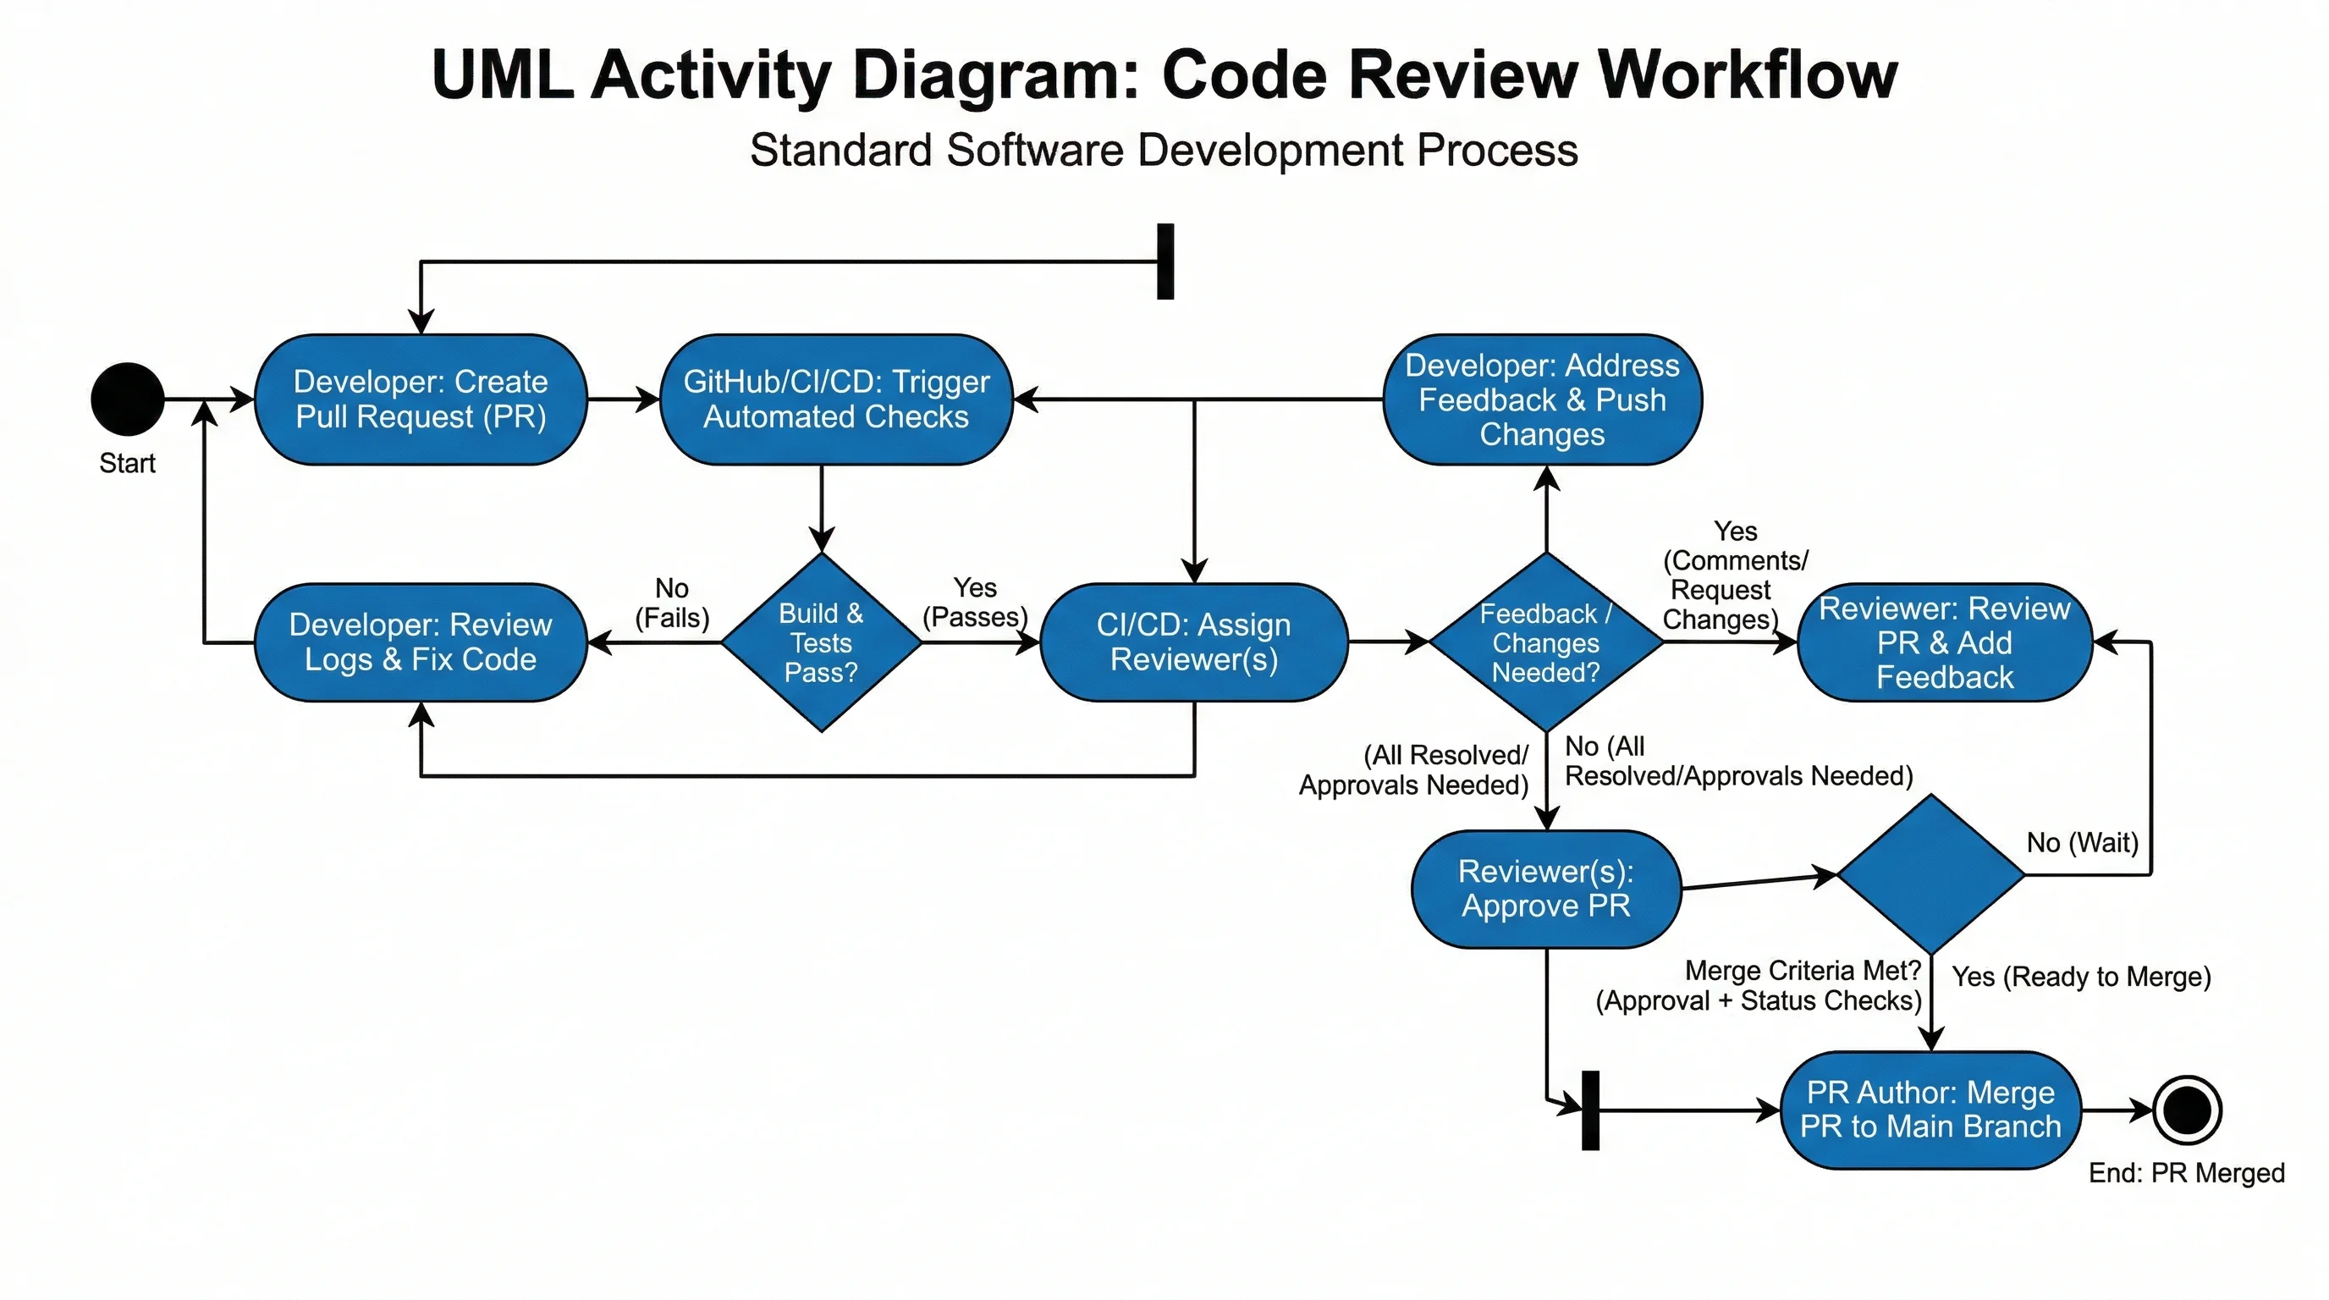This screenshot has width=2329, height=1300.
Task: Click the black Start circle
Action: point(128,399)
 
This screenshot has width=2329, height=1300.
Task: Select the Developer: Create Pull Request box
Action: point(421,399)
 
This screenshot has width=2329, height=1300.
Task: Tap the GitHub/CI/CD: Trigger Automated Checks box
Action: point(835,399)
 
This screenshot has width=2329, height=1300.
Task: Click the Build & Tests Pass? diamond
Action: point(821,642)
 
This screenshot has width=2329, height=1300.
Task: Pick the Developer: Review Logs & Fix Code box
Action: point(421,642)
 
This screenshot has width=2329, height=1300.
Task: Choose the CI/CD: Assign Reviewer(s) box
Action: point(1193,642)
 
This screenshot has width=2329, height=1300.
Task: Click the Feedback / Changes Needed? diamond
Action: point(1546,642)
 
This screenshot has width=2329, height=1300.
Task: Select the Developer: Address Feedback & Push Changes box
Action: point(1543,399)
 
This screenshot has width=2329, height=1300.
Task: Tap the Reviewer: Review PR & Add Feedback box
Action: point(1944,642)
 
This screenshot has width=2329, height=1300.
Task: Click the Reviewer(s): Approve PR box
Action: point(1546,888)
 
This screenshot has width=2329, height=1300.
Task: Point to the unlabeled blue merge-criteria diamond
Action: point(1931,874)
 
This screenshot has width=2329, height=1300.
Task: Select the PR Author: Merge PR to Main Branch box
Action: point(1930,1110)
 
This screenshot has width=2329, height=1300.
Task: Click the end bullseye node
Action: point(2186,1110)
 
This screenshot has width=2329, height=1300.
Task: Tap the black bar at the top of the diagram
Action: point(1165,261)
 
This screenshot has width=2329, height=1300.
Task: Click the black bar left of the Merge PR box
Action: point(1590,1110)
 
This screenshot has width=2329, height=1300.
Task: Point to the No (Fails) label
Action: point(672,603)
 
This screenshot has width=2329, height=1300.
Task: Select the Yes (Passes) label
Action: point(975,602)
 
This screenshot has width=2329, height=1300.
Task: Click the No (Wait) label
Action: point(2082,843)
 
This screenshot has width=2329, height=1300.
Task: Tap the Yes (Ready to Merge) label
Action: point(2080,977)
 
